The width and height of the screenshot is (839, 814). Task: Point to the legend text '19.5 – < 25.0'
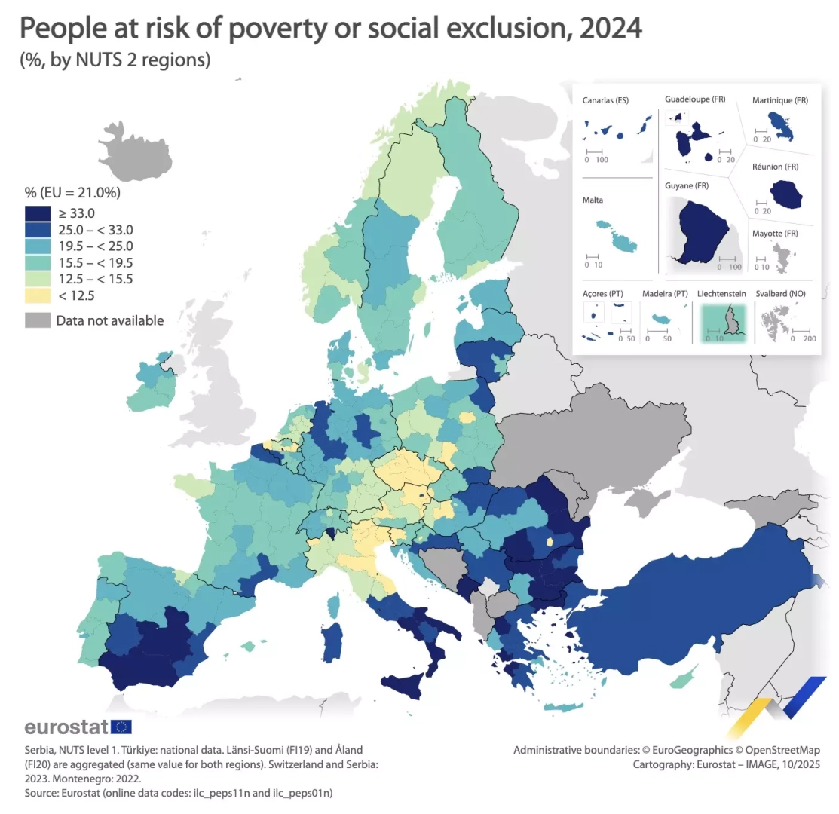95,246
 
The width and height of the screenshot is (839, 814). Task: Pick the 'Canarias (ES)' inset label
605,100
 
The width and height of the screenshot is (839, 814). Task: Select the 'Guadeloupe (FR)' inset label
694,99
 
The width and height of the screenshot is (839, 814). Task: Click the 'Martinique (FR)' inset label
779,100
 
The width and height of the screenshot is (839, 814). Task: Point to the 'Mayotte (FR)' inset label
775,234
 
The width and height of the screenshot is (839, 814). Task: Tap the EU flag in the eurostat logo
121,727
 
